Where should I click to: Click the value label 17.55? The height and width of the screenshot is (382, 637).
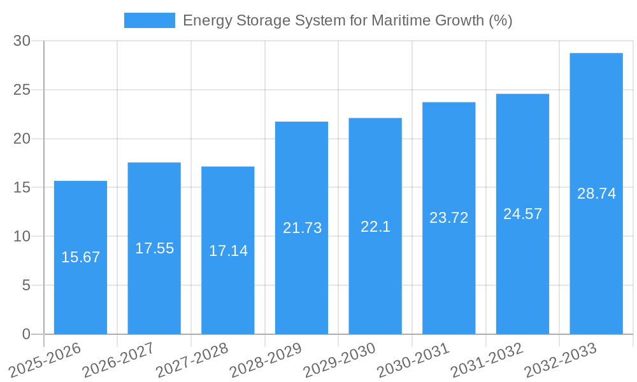pyautogui.click(x=154, y=248)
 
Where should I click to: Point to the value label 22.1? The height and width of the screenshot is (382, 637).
pyautogui.click(x=375, y=227)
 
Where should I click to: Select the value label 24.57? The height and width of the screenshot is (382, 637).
pyautogui.click(x=522, y=214)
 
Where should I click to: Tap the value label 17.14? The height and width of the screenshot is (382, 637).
pyautogui.click(x=228, y=251)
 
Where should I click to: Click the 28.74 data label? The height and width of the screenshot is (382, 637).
pyautogui.click(x=596, y=194)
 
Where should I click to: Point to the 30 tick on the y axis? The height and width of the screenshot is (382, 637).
pyautogui.click(x=22, y=41)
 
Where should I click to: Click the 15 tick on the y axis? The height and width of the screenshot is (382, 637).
pyautogui.click(x=22, y=188)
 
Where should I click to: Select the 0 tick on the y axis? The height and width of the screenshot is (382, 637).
pyautogui.click(x=26, y=334)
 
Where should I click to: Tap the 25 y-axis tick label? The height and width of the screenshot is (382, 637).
pyautogui.click(x=22, y=90)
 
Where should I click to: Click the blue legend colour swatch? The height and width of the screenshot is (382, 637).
pyautogui.click(x=149, y=20)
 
